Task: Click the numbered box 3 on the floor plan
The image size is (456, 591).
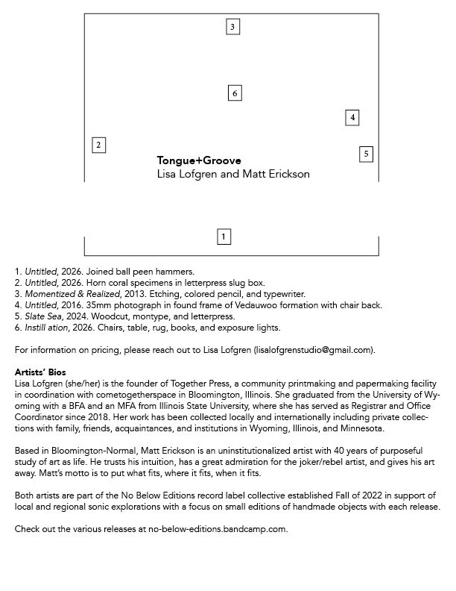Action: (232, 28)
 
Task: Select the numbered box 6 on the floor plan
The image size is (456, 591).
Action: (235, 93)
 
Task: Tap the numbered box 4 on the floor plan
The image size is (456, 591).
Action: (352, 118)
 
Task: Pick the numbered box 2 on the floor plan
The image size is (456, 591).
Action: (98, 145)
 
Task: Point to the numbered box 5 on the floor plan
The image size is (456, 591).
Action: (366, 154)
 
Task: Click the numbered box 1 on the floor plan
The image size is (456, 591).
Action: (224, 237)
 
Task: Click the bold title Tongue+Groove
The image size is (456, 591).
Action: (199, 160)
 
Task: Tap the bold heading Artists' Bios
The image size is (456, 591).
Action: (40, 372)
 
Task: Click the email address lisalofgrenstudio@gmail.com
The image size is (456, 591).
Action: (313, 350)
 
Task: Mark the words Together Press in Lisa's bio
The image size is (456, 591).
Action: (164, 382)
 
